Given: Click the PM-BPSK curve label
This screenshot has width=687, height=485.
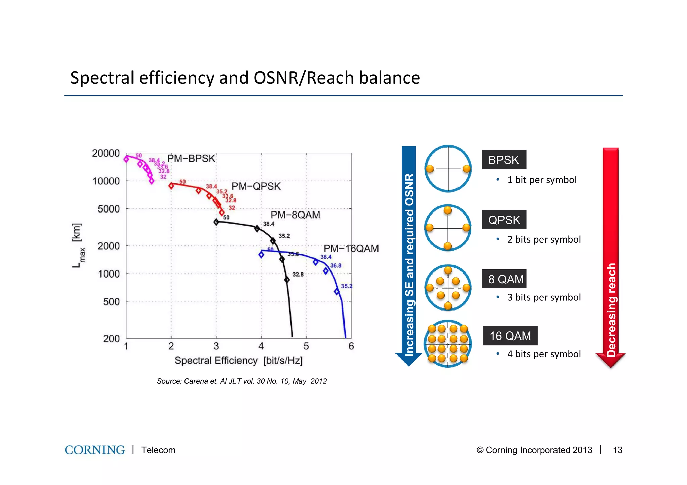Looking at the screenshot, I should pyautogui.click(x=191, y=158).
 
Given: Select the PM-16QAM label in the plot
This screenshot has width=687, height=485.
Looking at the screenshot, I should pyautogui.click(x=351, y=248).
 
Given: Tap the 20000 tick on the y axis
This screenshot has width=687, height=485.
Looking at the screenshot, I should pyautogui.click(x=106, y=153).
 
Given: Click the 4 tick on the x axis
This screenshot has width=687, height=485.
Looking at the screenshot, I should pyautogui.click(x=261, y=346).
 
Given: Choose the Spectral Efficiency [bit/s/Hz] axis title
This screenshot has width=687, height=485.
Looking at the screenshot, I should pyautogui.click(x=239, y=361).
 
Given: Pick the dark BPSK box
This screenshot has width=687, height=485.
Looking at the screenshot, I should pyautogui.click(x=504, y=160).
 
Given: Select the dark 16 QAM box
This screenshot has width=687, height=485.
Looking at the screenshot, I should pyautogui.click(x=510, y=336).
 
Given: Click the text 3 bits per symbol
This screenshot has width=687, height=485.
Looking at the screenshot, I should pyautogui.click(x=543, y=297).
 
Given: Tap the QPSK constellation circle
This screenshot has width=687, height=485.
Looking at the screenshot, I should pyautogui.click(x=448, y=228).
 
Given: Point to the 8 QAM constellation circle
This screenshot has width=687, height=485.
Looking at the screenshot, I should pyautogui.click(x=448, y=288).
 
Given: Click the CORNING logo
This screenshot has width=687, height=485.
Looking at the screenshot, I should pyautogui.click(x=95, y=450).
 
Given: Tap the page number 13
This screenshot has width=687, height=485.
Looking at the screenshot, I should pyautogui.click(x=617, y=450).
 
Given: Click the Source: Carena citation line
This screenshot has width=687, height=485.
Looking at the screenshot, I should pyautogui.click(x=242, y=381).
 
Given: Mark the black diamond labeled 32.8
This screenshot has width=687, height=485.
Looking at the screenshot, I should pyautogui.click(x=287, y=280).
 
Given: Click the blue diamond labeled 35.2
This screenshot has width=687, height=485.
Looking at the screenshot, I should pyautogui.click(x=337, y=292).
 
